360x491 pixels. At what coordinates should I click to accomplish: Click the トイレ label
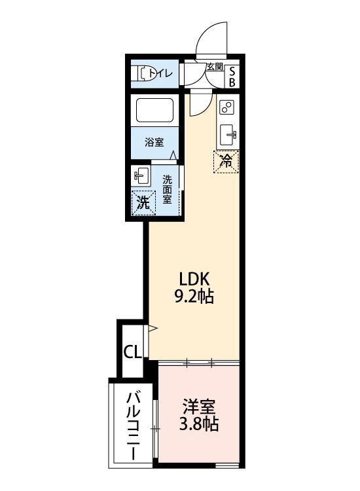click(161, 73)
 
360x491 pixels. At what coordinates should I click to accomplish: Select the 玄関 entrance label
click(214, 67)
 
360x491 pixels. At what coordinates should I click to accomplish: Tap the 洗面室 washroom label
click(168, 189)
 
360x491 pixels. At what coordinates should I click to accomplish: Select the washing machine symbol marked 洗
click(143, 203)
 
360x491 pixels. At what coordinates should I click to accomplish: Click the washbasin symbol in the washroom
click(141, 176)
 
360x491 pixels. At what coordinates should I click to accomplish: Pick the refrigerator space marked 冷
click(226, 161)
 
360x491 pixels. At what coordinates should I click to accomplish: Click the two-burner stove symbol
click(227, 107)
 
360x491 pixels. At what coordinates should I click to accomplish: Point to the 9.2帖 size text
click(193, 296)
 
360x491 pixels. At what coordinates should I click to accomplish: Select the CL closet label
click(132, 352)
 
